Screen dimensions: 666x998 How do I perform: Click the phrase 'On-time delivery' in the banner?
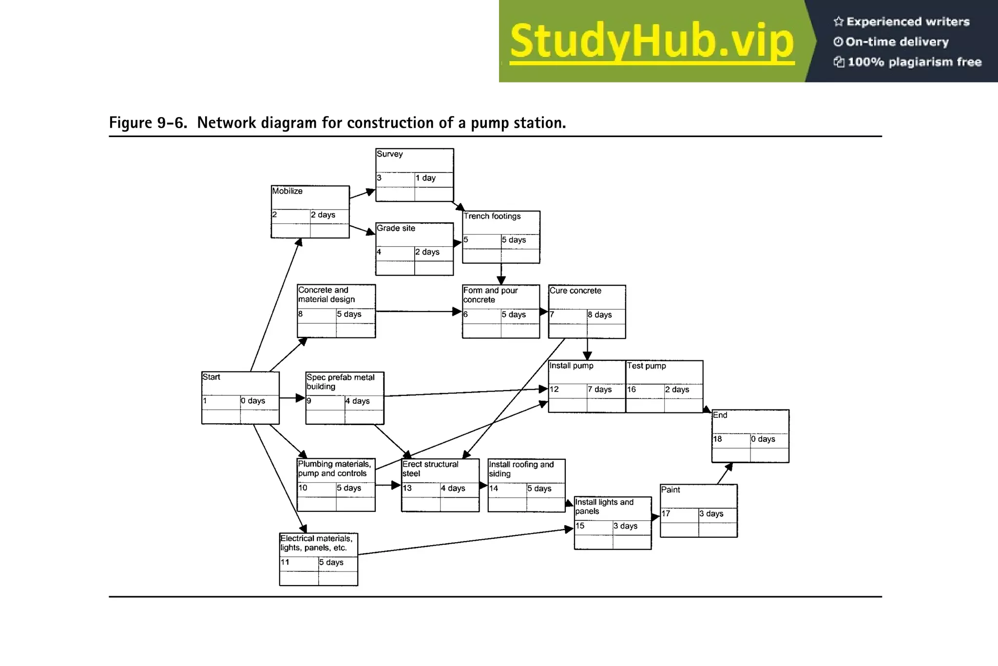click(897, 42)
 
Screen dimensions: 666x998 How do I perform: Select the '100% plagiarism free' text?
click(914, 62)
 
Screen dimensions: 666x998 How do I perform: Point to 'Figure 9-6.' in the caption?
click(148, 123)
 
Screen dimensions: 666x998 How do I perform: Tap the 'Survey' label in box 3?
click(389, 154)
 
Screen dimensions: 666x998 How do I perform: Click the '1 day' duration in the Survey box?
click(425, 178)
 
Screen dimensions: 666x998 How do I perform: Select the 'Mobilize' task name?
click(287, 191)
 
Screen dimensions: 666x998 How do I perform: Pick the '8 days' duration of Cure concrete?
click(599, 315)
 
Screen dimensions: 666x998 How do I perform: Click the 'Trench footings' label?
click(492, 216)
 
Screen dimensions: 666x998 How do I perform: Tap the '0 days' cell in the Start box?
click(252, 401)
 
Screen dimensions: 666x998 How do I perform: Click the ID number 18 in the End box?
click(717, 439)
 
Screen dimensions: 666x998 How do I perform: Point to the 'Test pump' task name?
click(646, 366)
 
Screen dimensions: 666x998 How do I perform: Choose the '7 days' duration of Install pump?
click(599, 390)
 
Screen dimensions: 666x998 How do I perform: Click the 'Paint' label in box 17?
click(670, 490)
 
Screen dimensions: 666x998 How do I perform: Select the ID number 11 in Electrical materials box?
click(285, 562)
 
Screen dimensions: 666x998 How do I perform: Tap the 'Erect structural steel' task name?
click(430, 469)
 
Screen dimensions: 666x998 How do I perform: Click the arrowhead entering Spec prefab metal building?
click(300, 398)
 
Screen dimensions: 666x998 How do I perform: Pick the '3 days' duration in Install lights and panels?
click(625, 526)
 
